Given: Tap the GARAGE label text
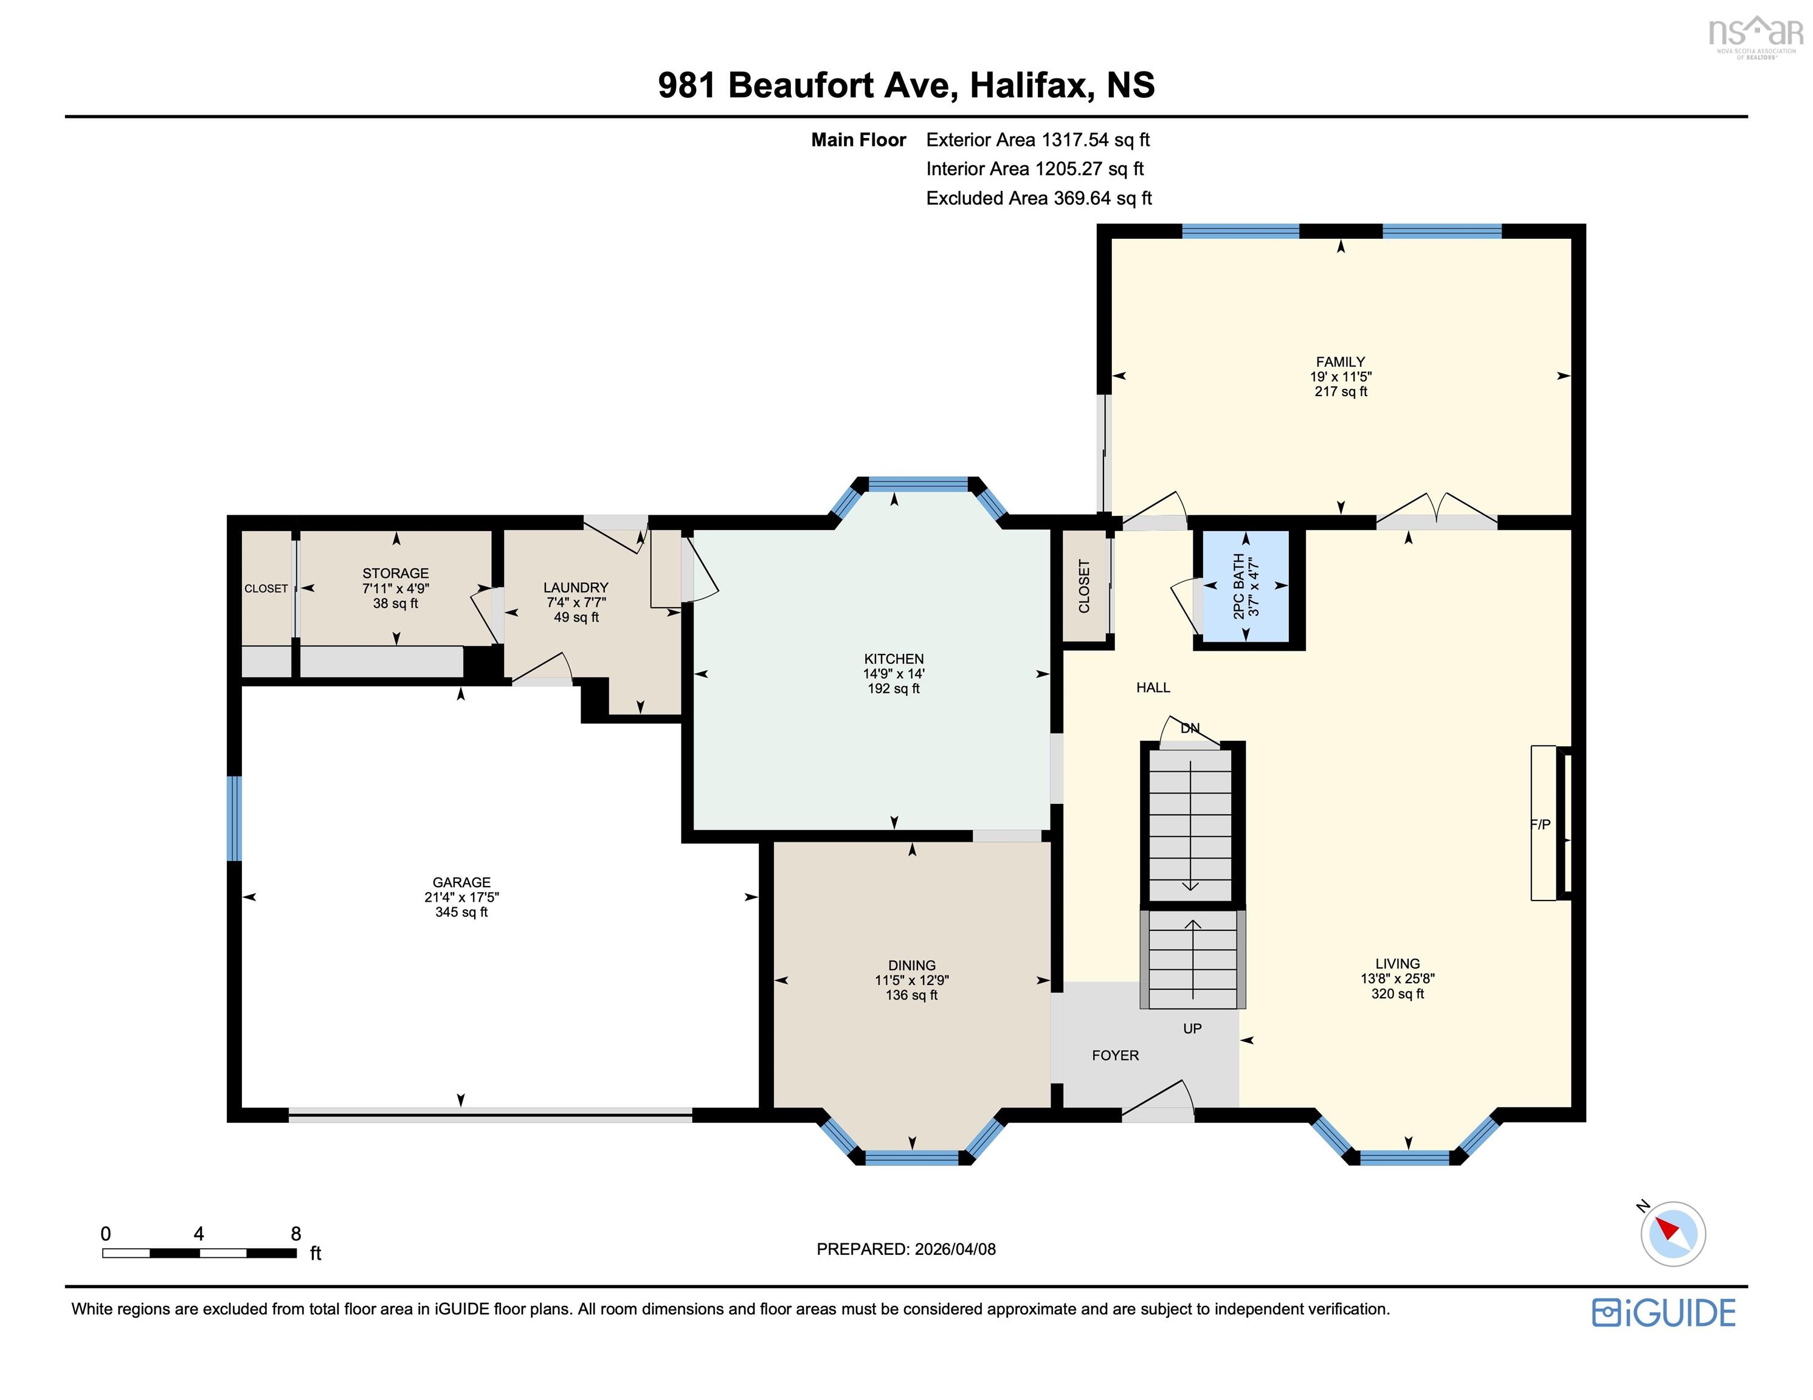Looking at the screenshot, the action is pyautogui.click(x=461, y=882).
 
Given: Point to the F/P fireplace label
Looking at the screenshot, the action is pyautogui.click(x=1540, y=824).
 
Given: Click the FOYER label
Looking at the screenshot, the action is pyautogui.click(x=1115, y=1055).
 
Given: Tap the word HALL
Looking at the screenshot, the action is pyautogui.click(x=1153, y=687).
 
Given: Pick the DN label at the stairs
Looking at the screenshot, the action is pyautogui.click(x=1190, y=728).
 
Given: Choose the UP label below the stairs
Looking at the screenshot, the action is pyautogui.click(x=1192, y=1028).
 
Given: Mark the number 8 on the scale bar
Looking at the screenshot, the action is pyautogui.click(x=295, y=1233).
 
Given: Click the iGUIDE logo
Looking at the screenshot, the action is pyautogui.click(x=1663, y=1312).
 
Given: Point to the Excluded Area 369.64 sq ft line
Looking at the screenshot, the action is pyautogui.click(x=1039, y=198).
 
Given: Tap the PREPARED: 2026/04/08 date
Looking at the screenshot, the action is pyautogui.click(x=906, y=1249).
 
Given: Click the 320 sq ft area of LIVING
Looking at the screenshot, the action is pyautogui.click(x=1397, y=993).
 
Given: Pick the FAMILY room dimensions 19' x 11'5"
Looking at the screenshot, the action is pyautogui.click(x=1340, y=377).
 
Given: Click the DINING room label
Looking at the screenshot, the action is pyautogui.click(x=911, y=965).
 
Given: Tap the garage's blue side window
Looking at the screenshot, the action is pyautogui.click(x=234, y=818).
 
